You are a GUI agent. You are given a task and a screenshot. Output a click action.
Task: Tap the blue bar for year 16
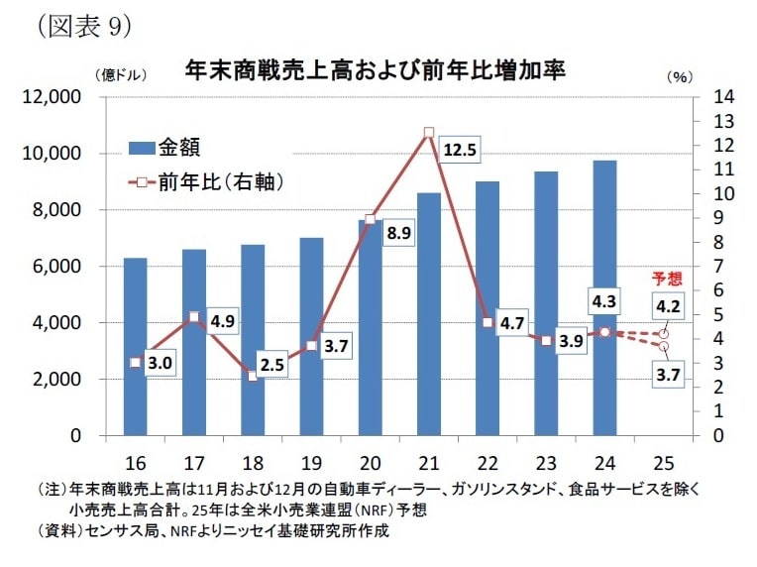click(136, 347)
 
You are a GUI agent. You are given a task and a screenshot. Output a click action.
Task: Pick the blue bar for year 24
click(604, 297)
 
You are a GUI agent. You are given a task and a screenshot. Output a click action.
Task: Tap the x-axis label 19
click(311, 461)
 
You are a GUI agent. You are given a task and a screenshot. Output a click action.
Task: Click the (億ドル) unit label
click(119, 75)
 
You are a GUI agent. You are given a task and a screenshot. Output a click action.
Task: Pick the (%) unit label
click(680, 75)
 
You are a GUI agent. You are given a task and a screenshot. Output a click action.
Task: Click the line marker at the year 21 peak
click(428, 132)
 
